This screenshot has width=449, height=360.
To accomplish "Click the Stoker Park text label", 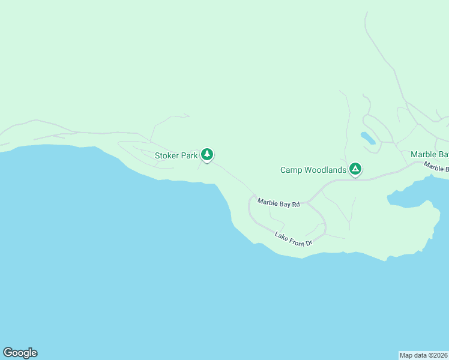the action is [x=176, y=155].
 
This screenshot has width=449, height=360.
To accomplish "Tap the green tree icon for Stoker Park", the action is [x=207, y=154].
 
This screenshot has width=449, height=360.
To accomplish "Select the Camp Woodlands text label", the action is [x=313, y=170].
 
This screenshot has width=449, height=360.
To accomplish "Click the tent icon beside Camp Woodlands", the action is [x=355, y=169].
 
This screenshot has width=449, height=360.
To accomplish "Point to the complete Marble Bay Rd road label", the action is [x=279, y=203].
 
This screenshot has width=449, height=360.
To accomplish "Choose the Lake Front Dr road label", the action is [x=294, y=239].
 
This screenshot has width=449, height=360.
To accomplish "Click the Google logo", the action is [x=20, y=353].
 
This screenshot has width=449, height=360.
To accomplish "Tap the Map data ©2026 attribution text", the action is [x=423, y=355].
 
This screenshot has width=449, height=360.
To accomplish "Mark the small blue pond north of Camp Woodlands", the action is [x=368, y=139].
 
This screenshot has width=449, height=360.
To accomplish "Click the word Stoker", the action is [x=167, y=155].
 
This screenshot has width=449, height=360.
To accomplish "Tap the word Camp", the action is [x=291, y=170].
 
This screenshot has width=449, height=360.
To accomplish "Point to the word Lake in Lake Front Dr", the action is [x=281, y=235].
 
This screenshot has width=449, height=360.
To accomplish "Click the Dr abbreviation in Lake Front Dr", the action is [x=309, y=243].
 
